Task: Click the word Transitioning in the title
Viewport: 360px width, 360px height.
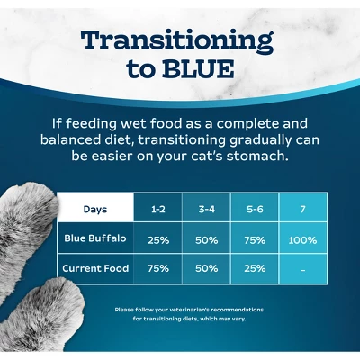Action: [176, 40]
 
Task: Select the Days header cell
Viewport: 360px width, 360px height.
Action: [95, 209]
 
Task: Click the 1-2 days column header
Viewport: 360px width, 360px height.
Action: [157, 209]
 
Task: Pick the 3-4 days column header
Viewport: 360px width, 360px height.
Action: [206, 209]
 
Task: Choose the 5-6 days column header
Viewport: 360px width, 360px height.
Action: [255, 209]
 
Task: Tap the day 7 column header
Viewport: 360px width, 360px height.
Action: [302, 209]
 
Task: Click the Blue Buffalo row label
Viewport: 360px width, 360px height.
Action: [95, 239]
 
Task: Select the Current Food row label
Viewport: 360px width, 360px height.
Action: [95, 268]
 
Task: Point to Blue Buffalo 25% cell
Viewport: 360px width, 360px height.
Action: [157, 240]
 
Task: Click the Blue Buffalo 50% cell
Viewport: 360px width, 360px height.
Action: [206, 240]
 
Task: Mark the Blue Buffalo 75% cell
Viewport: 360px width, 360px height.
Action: [255, 240]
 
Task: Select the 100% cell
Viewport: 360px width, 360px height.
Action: [302, 240]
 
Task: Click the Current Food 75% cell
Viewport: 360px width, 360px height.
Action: [157, 268]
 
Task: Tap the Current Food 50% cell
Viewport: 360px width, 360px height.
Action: [206, 268]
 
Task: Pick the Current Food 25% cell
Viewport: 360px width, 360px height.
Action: [255, 268]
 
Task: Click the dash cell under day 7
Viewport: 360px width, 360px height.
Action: [302, 268]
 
